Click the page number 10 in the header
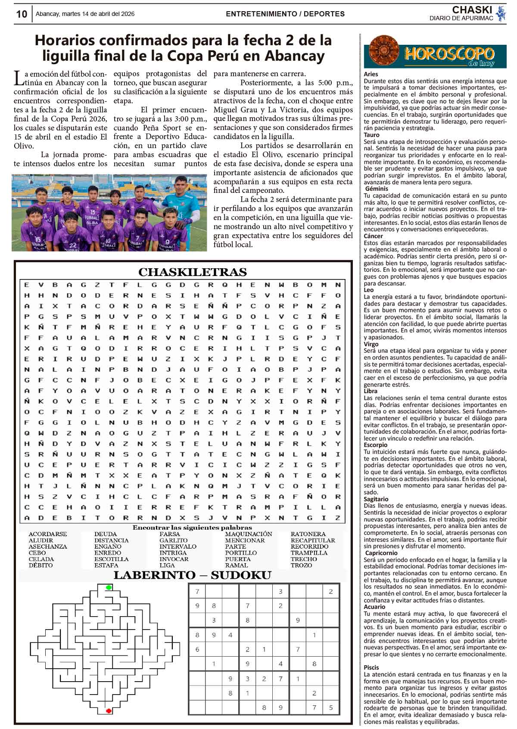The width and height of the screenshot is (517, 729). click(21, 14)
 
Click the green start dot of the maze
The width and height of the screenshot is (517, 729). click(109, 587)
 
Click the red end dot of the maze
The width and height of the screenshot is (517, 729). click(109, 710)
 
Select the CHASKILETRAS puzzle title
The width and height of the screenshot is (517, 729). click(192, 272)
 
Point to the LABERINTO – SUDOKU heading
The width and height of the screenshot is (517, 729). click(192, 575)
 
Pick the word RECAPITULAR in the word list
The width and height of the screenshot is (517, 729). click(312, 540)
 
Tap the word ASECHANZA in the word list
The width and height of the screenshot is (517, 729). click(48, 546)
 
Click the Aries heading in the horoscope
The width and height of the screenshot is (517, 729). click(371, 74)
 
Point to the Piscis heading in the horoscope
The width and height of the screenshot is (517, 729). click(371, 667)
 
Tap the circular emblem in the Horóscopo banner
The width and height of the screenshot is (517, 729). click(382, 50)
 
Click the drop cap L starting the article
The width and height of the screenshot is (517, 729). click(19, 78)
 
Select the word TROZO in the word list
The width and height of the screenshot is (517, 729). click(301, 565)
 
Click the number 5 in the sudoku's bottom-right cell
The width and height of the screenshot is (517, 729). click(331, 707)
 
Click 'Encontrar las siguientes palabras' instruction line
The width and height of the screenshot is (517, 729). click(192, 527)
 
